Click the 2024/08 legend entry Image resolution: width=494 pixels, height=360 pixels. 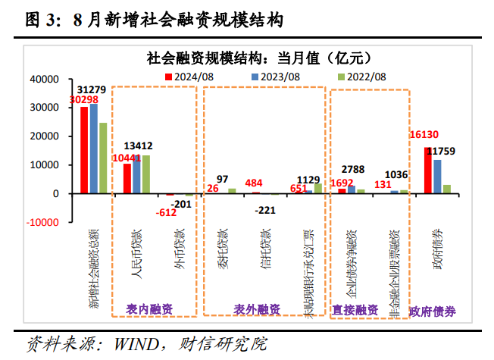tap(193, 77)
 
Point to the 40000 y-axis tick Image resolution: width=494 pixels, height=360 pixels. tap(43, 79)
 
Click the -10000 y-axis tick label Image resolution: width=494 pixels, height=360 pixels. tap(40, 223)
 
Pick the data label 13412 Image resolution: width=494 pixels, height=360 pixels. tap(141, 146)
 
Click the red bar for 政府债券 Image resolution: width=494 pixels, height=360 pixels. tap(428, 171)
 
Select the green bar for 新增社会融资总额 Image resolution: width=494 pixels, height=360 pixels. tap(103, 158)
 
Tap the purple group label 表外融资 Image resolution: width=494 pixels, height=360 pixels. tap(257, 308)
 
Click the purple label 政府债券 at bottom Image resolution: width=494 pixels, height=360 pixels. tap(432, 310)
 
